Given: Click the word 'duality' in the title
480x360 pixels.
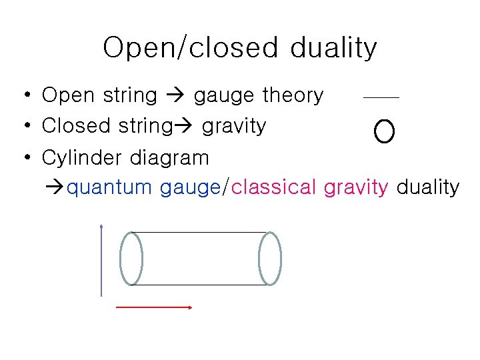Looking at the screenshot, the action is click(x=333, y=48).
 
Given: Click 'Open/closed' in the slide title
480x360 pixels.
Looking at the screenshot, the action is click(x=190, y=48).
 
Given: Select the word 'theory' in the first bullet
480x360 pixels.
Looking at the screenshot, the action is click(x=292, y=96).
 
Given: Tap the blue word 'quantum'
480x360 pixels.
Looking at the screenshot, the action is click(x=110, y=188).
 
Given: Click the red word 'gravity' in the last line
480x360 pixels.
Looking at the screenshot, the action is click(x=355, y=188).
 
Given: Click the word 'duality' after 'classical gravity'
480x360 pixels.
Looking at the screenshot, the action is click(x=427, y=188).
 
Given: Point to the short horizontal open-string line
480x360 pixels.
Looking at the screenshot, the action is click(x=381, y=98).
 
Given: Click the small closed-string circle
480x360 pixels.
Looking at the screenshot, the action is click(x=385, y=132).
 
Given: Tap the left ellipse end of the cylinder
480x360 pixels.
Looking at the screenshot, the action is click(x=131, y=259).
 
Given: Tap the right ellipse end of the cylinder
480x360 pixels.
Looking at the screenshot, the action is click(x=270, y=259).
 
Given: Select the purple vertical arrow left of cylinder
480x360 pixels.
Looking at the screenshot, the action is click(x=101, y=260).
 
